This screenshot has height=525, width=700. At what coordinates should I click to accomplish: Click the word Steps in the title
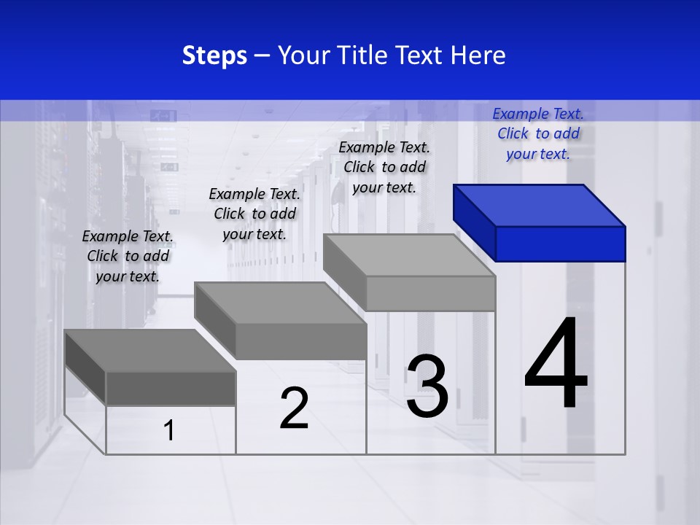[x=214, y=55]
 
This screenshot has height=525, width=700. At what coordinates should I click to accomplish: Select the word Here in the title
[x=478, y=55]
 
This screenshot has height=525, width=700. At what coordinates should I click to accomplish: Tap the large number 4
[x=556, y=365]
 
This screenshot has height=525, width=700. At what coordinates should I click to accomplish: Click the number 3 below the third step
[x=427, y=387]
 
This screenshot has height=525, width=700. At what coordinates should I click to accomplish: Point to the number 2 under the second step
[x=294, y=408]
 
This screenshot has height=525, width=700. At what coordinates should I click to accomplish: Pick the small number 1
[x=169, y=431]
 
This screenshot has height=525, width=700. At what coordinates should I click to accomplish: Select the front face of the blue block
[x=560, y=244]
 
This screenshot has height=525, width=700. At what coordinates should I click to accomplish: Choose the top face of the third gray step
[x=409, y=255]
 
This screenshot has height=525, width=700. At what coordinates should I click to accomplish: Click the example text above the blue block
[x=538, y=133]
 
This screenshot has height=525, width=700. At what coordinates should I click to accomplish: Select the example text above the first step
[x=128, y=256]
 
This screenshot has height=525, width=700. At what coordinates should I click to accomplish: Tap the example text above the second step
[x=254, y=214]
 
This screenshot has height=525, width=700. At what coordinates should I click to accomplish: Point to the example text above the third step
[x=384, y=167]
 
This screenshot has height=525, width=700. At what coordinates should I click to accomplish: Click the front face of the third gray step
[x=430, y=294]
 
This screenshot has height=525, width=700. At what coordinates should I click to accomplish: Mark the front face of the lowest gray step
[x=171, y=388]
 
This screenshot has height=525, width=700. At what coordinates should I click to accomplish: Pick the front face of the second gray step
[x=300, y=341]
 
